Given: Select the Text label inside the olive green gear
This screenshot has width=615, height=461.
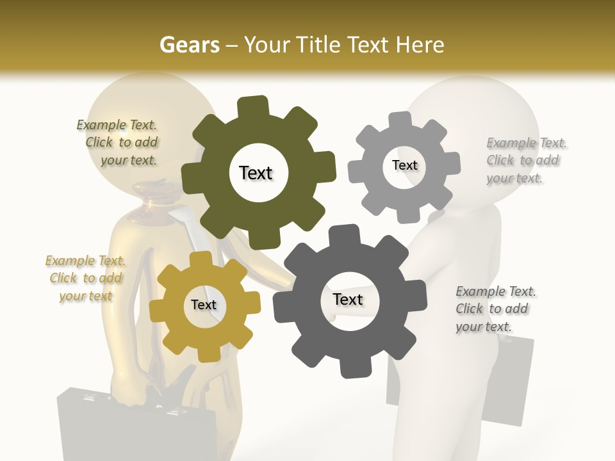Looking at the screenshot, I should pos(256,173).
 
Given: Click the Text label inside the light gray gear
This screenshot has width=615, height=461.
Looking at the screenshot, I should pos(404,165).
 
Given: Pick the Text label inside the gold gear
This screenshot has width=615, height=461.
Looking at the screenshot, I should pos(204,305).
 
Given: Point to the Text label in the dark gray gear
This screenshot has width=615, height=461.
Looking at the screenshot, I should pos(348,299).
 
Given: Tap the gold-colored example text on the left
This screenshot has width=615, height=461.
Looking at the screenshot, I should pos(85,278).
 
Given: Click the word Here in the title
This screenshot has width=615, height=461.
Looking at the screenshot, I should pos(420,45).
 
